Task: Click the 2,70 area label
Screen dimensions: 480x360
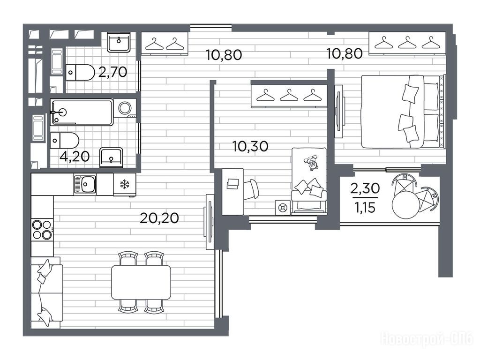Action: tap(112, 72)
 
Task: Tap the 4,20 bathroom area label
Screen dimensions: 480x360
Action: tap(75, 157)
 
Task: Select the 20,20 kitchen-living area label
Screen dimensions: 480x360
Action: tap(159, 218)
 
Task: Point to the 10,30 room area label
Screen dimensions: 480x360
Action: tap(250, 146)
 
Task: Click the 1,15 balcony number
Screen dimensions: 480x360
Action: tap(365, 208)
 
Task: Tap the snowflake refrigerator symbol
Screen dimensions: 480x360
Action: tap(125, 184)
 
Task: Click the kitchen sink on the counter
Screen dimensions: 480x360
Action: tap(85, 184)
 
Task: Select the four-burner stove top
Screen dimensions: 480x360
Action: tap(42, 230)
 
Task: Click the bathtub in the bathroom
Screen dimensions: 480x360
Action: tap(82, 112)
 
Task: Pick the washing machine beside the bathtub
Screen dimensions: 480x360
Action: tap(125, 108)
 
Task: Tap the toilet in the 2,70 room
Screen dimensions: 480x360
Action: tap(80, 73)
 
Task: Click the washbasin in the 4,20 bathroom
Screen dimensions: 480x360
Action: tap(111, 157)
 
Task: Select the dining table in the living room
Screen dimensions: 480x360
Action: tap(141, 282)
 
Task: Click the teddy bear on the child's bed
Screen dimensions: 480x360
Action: tap(312, 163)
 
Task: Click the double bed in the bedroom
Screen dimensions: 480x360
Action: tap(403, 112)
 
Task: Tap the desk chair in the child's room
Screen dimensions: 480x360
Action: tap(251, 189)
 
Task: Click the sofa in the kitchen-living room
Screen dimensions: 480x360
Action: tap(47, 293)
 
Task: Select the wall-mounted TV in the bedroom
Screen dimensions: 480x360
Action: tap(339, 112)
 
